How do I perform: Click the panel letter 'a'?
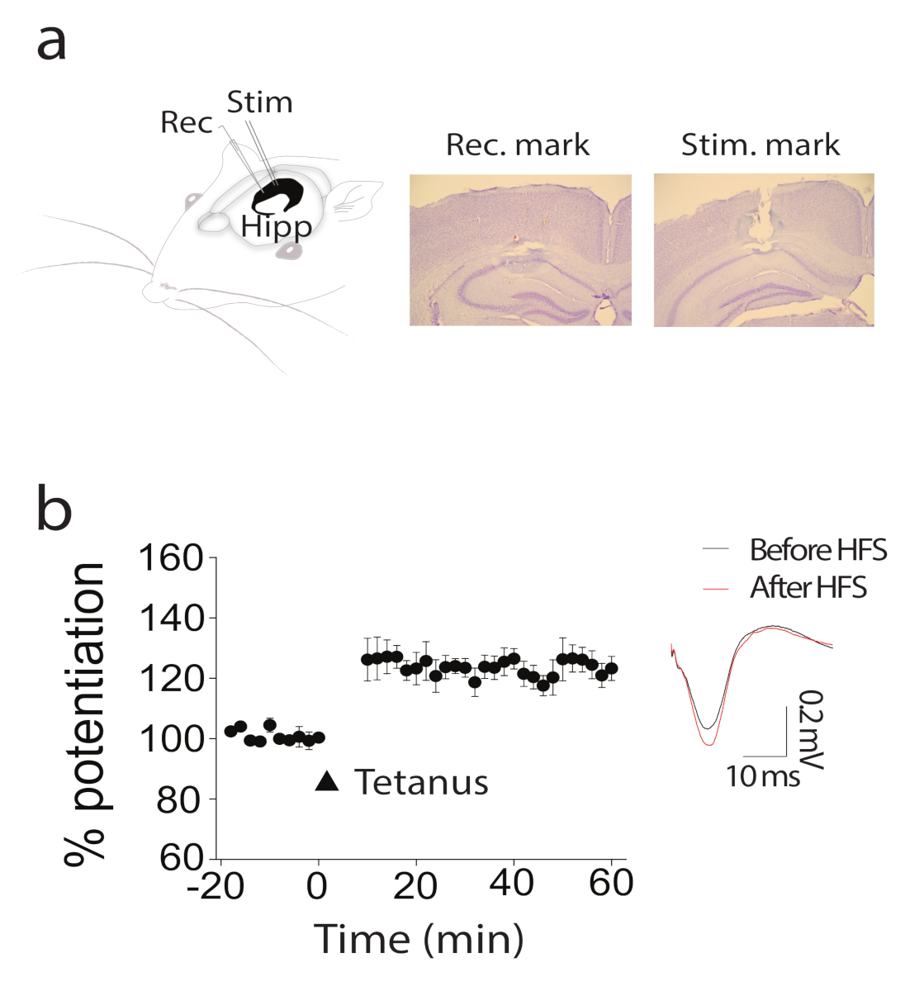click(x=51, y=43)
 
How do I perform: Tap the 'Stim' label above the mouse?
click(x=259, y=102)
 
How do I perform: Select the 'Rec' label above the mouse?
click(x=187, y=122)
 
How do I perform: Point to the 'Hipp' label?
click(x=277, y=226)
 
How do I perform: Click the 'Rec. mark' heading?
click(x=518, y=145)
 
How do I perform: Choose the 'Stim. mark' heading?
click(x=760, y=145)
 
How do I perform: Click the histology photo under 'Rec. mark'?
click(x=520, y=249)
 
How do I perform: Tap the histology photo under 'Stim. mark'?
click(x=764, y=249)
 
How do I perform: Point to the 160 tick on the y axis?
click(x=170, y=558)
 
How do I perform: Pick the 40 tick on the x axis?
click(x=511, y=884)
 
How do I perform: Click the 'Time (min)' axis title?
click(x=419, y=939)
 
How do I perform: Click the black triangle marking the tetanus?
click(x=327, y=781)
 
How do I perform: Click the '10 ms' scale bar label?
click(x=763, y=776)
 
